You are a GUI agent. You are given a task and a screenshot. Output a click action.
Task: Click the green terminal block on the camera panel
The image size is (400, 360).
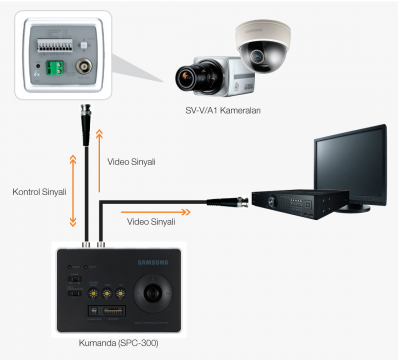[54, 68]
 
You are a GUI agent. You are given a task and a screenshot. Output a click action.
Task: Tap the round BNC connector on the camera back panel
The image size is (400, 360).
[84, 66]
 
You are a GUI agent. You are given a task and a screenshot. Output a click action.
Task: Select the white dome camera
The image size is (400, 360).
[263, 46]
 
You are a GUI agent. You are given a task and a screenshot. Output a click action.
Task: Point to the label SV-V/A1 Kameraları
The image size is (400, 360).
[223, 110]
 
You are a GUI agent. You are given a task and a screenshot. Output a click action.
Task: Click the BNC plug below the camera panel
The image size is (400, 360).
[86, 124]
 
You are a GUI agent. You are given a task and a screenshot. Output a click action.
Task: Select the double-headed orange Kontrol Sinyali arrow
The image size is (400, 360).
[73, 191]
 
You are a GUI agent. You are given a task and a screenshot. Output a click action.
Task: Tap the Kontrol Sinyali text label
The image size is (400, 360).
[39, 192]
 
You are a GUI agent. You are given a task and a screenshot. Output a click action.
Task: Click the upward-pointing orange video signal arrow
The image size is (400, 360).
[99, 161]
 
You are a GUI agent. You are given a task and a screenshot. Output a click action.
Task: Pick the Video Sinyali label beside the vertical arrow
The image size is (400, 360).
[131, 162]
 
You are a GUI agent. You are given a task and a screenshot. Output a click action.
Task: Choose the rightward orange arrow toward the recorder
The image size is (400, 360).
[156, 212]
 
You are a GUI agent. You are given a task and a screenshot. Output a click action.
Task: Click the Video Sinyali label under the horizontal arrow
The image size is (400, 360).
[151, 222]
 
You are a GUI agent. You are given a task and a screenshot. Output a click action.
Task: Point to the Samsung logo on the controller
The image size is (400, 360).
[153, 263]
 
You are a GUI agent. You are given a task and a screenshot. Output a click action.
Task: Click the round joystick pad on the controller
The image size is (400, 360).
[153, 294]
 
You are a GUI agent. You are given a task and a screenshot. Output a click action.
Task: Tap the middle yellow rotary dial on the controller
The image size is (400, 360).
[107, 294]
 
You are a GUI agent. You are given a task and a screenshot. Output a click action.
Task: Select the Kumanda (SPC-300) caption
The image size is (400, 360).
[118, 343]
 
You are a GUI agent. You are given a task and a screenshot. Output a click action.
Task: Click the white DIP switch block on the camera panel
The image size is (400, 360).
[55, 45]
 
